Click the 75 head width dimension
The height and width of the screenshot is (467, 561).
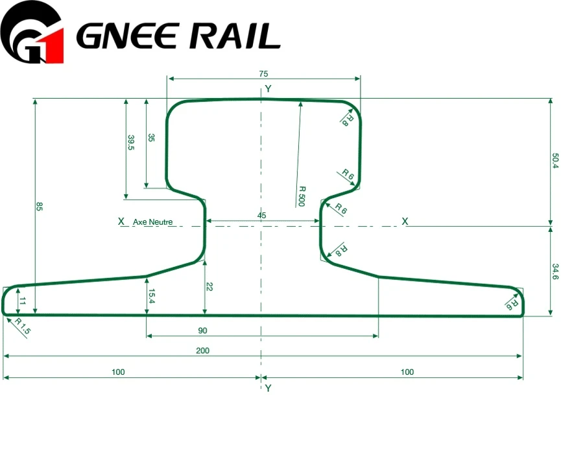(263, 74)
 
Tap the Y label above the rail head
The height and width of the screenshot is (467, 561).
(268, 88)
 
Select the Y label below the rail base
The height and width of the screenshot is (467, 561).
(268, 388)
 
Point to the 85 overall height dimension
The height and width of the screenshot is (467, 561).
(40, 207)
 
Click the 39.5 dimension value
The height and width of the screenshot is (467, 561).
(131, 142)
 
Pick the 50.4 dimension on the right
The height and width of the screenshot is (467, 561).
(555, 160)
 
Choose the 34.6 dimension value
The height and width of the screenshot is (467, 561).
(555, 271)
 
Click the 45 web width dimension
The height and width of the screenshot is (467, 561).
(261, 216)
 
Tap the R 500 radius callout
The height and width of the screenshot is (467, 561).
(302, 196)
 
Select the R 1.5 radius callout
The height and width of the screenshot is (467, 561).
(22, 326)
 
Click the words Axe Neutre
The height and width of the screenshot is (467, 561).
(153, 222)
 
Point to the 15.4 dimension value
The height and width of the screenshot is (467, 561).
(151, 296)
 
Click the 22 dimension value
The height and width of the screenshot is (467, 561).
(209, 286)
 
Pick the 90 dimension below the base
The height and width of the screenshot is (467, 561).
(202, 331)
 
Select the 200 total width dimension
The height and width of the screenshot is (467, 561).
(202, 351)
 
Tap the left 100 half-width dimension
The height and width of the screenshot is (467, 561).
(118, 372)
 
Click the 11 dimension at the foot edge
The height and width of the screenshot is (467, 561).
(23, 301)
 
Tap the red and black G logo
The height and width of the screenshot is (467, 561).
(32, 32)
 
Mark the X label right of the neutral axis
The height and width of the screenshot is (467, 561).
(405, 221)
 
